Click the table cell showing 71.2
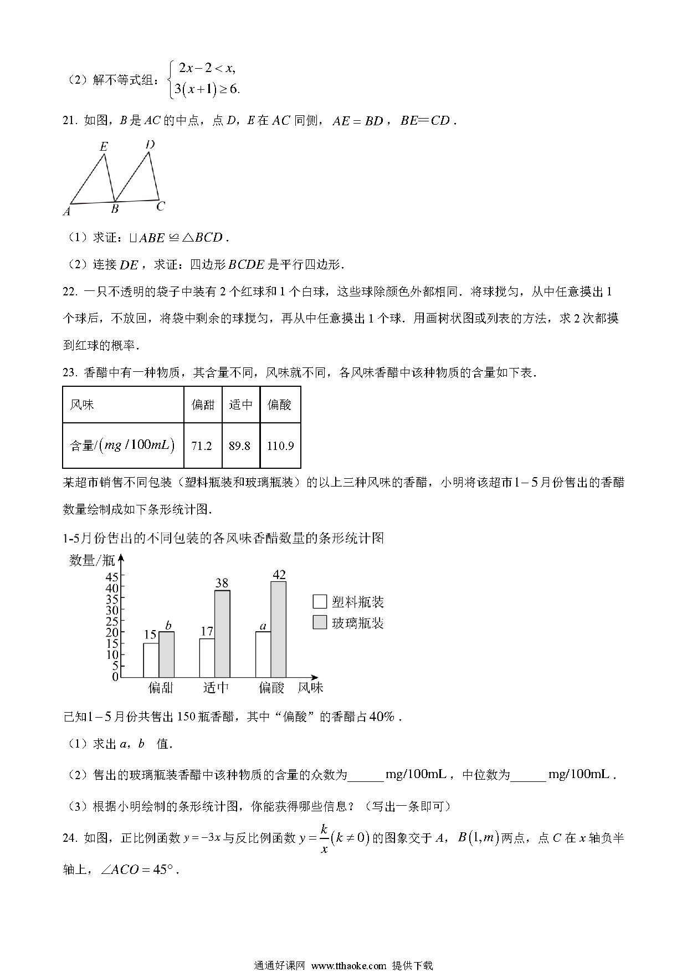(x=202, y=446)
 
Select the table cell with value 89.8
(x=240, y=446)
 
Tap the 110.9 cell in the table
(x=280, y=446)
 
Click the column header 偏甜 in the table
(x=202, y=405)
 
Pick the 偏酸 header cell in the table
(x=280, y=405)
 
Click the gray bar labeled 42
(x=279, y=629)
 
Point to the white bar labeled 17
(x=207, y=658)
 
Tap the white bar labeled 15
(x=151, y=660)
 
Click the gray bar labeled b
(x=166, y=654)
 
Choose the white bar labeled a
(x=263, y=654)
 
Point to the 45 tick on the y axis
(x=112, y=576)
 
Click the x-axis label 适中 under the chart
(x=216, y=688)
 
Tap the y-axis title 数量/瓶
(x=91, y=560)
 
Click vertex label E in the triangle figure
(x=103, y=147)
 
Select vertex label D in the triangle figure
(x=150, y=145)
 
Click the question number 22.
(x=69, y=291)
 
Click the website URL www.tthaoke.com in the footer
(x=348, y=965)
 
